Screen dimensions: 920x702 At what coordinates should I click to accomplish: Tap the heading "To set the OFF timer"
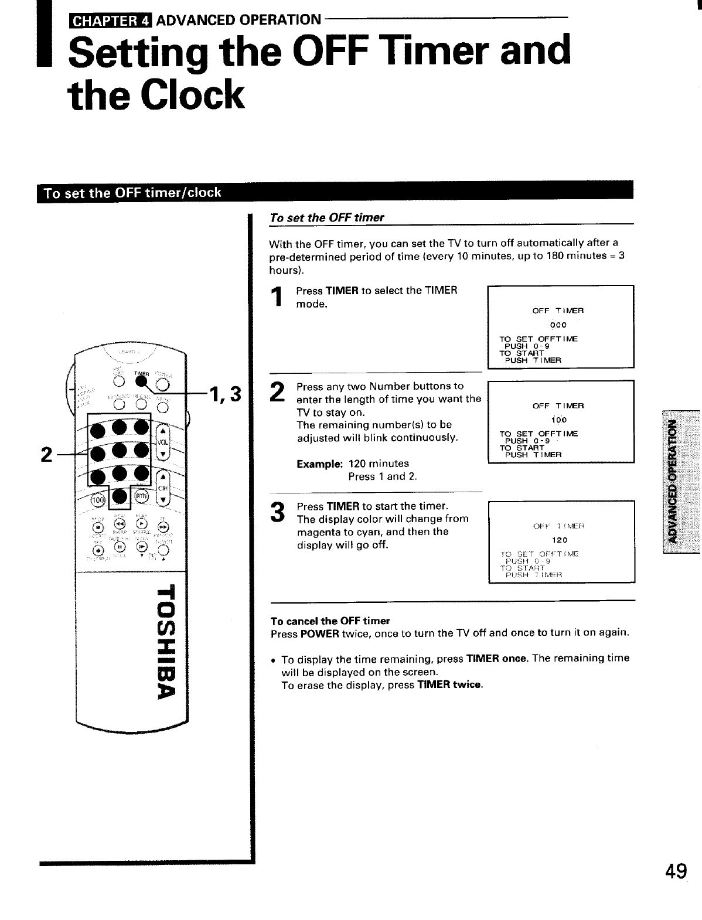[x=326, y=217]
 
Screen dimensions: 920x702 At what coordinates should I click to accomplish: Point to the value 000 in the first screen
[x=560, y=325]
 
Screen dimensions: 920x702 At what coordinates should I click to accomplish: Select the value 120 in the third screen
[x=560, y=540]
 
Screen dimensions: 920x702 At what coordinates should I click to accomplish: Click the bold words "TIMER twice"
[x=449, y=685]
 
